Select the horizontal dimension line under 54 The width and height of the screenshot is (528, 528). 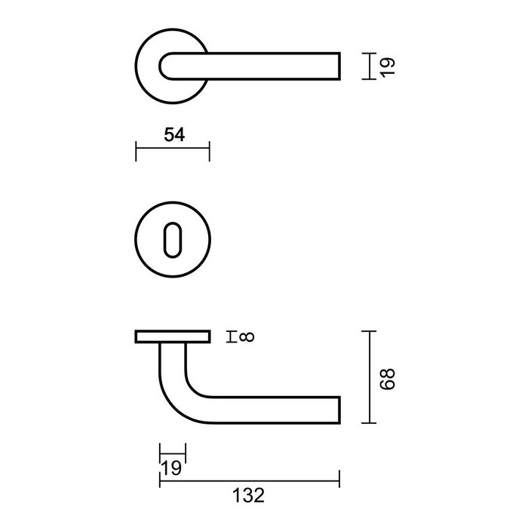(172, 151)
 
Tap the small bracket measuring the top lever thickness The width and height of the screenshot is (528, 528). (366, 66)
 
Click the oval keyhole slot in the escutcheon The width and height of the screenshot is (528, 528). (172, 239)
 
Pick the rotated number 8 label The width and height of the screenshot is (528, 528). (247, 336)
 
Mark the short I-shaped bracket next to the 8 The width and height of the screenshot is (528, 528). (231, 336)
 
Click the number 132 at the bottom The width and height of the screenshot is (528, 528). (250, 496)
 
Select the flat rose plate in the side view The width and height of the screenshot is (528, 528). (172, 336)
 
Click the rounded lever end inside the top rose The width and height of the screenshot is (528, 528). (170, 66)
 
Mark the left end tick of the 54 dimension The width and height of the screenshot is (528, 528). (136, 151)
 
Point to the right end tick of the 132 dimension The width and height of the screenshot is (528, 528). (339, 477)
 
